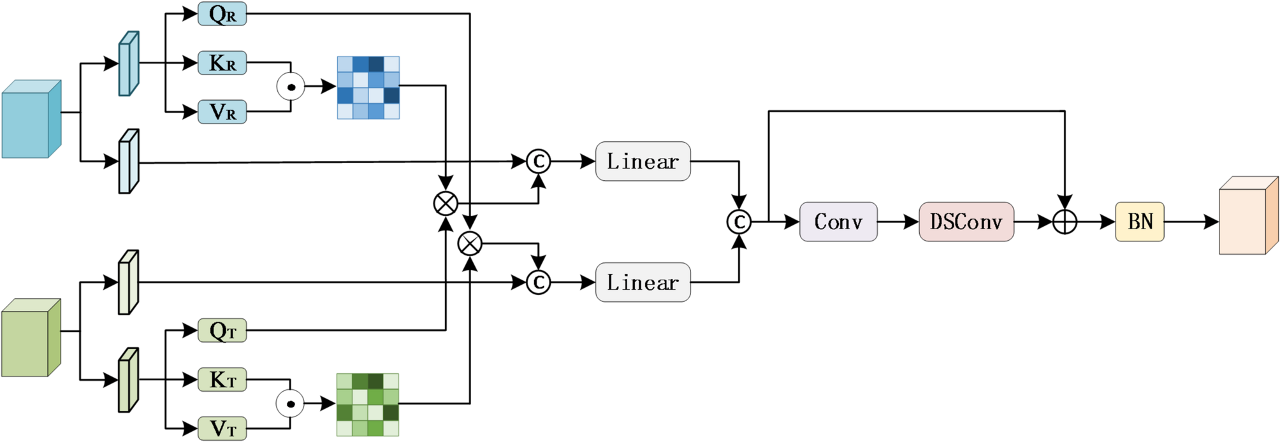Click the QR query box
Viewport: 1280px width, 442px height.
222,14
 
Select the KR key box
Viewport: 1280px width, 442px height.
222,63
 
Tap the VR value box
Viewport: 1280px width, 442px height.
222,112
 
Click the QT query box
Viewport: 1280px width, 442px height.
222,331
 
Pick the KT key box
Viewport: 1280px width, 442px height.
222,380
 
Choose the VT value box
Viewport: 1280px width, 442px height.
222,429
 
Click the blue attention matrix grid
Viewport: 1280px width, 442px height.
368,87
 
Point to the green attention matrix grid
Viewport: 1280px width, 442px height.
368,404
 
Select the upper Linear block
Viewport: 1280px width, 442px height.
643,161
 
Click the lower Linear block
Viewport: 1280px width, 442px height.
643,282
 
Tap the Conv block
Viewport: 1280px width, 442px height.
838,222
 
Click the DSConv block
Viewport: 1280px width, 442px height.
966,222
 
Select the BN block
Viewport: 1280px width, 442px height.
1140,222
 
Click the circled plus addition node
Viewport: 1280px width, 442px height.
1065,222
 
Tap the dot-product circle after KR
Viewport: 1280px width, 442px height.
291,87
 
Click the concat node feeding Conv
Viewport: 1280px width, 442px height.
739,222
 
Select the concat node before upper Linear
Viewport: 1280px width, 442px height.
538,162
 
